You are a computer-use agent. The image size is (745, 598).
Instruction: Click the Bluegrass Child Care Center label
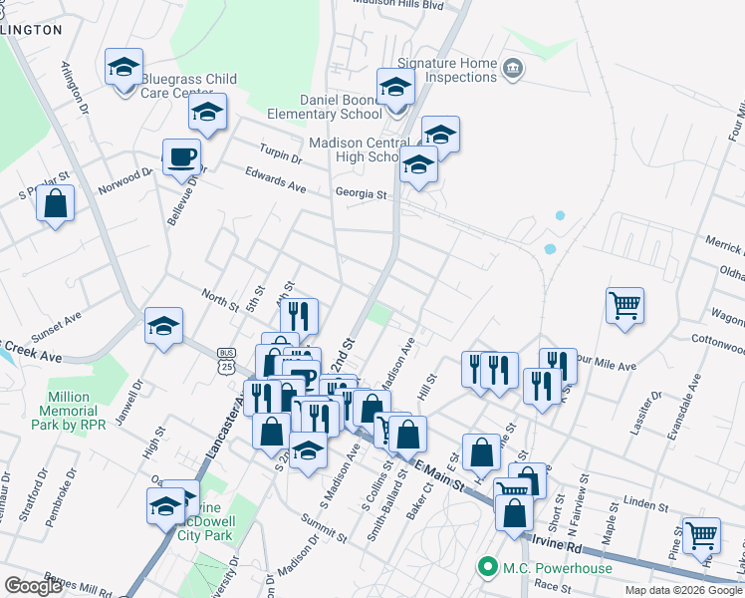click(189, 86)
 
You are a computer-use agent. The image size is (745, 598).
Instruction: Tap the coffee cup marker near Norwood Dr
click(181, 157)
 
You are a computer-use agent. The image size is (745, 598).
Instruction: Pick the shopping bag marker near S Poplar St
click(56, 203)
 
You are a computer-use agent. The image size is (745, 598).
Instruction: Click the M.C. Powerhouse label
click(544, 568)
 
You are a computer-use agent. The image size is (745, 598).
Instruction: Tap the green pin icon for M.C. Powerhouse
click(487, 568)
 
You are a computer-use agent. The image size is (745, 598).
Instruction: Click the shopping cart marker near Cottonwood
click(624, 306)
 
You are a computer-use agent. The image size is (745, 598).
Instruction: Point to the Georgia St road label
click(360, 194)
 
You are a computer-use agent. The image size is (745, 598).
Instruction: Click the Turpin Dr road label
click(280, 157)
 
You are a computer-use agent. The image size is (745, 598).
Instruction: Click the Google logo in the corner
click(32, 586)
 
